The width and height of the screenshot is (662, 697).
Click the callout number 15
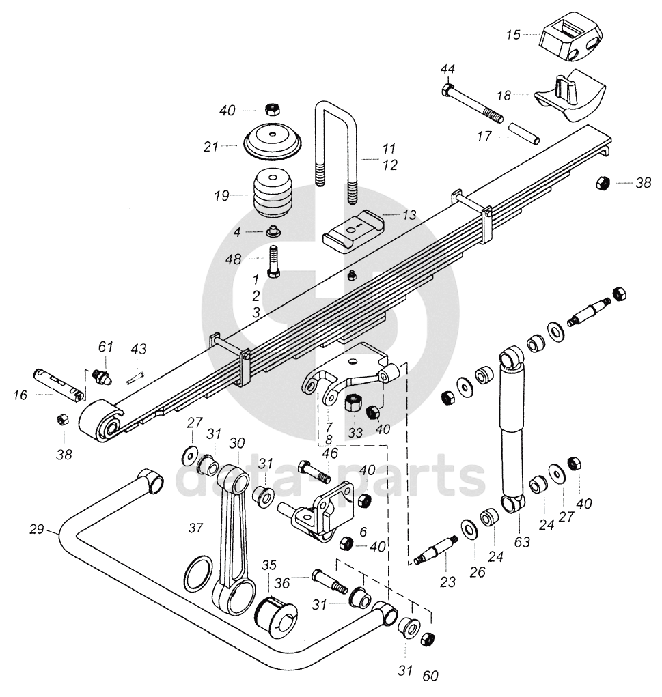(x=513, y=34)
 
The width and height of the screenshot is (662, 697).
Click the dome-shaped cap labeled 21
(x=273, y=142)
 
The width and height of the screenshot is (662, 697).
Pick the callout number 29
(x=37, y=529)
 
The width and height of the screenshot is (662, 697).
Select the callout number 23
(x=447, y=582)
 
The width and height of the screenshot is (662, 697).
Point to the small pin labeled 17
(x=523, y=133)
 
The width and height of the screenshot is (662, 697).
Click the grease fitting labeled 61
(x=102, y=376)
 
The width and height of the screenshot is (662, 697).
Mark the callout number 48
(x=233, y=258)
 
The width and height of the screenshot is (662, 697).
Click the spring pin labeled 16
(x=59, y=384)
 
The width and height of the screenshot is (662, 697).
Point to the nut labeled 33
(x=354, y=403)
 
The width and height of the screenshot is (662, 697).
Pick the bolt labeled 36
(x=330, y=582)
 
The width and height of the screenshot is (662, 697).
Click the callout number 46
(x=331, y=453)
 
